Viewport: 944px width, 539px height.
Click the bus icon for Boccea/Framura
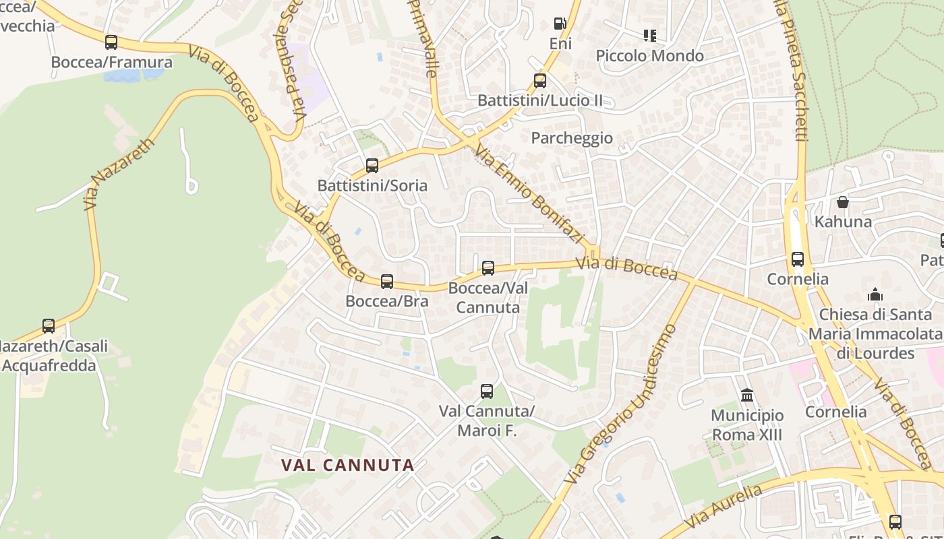pos(111,42)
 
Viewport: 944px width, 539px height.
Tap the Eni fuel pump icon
pos(560,24)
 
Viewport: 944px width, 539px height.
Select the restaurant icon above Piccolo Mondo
pos(650,35)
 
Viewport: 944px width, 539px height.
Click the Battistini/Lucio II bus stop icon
pos(539,81)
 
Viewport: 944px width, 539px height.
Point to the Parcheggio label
pos(572,138)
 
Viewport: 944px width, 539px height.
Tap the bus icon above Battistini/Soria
pos(372,165)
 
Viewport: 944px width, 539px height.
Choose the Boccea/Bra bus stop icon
pos(387,281)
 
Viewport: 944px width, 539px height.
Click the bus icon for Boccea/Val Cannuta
pos(488,268)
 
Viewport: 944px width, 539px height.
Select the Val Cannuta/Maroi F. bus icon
pos(486,391)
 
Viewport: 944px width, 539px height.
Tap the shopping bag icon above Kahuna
pos(843,201)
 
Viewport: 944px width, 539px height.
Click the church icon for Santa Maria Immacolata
pos(875,294)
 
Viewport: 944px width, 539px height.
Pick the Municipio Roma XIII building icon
pos(746,395)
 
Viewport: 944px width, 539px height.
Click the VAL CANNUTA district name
pos(347,465)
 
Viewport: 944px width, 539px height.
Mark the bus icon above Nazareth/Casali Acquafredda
pos(49,326)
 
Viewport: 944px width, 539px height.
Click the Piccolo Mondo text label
pos(650,56)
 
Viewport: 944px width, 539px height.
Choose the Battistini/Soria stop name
pos(372,185)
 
